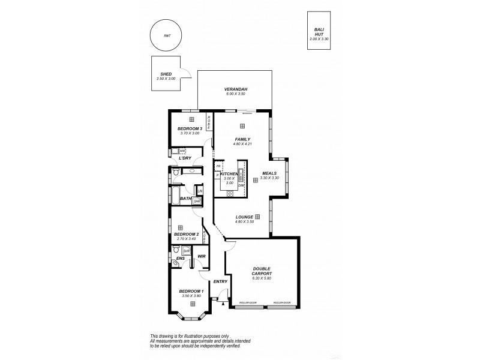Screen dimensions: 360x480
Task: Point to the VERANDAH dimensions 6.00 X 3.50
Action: click(x=236, y=94)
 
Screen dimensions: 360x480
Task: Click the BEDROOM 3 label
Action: click(x=189, y=128)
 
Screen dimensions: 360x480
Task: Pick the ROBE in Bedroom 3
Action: click(x=209, y=122)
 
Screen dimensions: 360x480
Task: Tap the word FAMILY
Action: click(x=242, y=139)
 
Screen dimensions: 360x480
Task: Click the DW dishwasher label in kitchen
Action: click(x=241, y=185)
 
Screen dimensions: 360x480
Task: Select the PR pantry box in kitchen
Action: click(x=218, y=166)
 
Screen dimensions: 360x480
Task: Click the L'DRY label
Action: click(x=185, y=158)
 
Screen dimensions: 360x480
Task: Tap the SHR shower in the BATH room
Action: click(x=196, y=202)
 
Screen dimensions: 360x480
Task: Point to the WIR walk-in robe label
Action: click(x=202, y=259)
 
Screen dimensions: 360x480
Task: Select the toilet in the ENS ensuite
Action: click(x=175, y=263)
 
